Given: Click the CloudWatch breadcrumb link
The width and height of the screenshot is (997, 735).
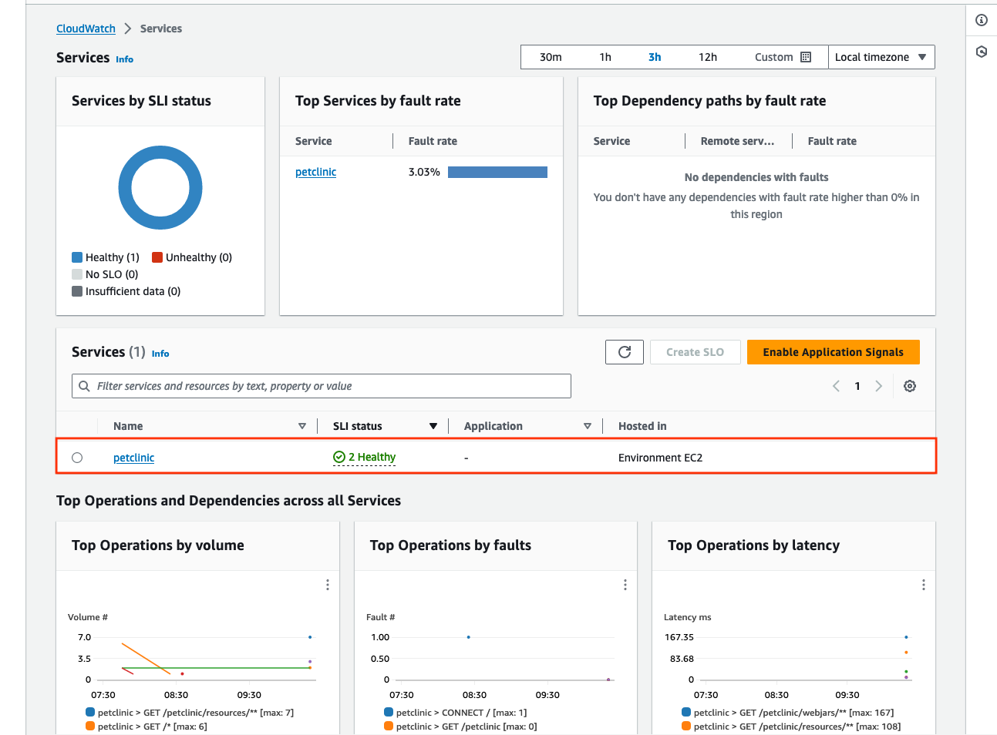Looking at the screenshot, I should coord(86,29).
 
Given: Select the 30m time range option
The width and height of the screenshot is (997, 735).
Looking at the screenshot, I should coord(551,57).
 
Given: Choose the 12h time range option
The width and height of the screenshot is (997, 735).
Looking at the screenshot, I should coord(707,57).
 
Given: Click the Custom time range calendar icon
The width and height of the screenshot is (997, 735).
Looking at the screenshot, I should coord(806,57).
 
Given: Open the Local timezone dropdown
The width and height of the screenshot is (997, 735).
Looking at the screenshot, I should coord(881,57).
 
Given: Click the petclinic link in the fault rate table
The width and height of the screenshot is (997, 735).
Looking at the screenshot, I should coord(315,172).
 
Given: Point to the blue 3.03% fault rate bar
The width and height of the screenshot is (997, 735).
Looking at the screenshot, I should coord(497,172).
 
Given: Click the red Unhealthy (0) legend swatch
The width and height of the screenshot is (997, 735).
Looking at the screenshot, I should coord(157,257).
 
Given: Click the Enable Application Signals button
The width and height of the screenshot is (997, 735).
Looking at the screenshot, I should coord(833,352).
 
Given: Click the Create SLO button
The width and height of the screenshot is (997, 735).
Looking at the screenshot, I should coord(695,352).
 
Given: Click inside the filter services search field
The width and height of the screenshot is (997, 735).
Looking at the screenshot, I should coord(321,386).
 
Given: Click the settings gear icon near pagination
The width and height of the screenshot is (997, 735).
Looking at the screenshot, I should coord(910,386).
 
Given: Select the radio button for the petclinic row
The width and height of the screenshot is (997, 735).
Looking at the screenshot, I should coord(77,458).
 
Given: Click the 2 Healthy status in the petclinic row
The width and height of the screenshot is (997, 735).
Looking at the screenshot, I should coord(365,457).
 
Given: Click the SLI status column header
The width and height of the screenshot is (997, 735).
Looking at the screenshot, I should coord(358,426).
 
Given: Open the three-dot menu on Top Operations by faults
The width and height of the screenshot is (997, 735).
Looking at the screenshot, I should coord(625,585).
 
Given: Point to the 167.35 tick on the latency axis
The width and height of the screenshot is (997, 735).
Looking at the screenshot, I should coord(679,637).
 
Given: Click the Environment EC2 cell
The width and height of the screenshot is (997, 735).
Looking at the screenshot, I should coord(660,458).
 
